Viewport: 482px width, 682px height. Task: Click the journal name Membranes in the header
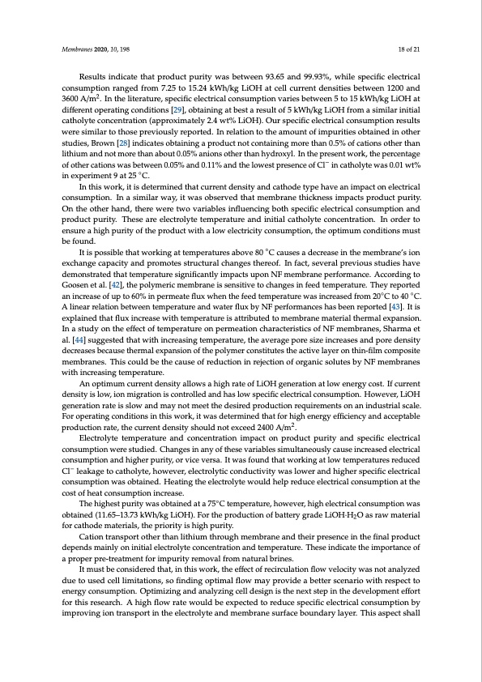tap(78, 49)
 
